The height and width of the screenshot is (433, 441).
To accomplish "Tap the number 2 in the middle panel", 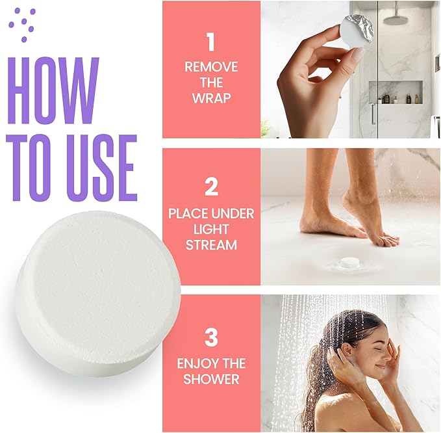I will point(210,187).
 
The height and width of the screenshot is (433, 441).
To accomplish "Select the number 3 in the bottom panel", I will point(210,338).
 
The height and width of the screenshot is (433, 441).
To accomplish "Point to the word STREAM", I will point(210,246).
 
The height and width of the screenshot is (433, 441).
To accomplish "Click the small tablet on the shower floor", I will point(352,263).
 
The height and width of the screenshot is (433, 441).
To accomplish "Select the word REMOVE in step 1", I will point(210,66).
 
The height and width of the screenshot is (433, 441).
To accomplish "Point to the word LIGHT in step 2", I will point(210,230).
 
